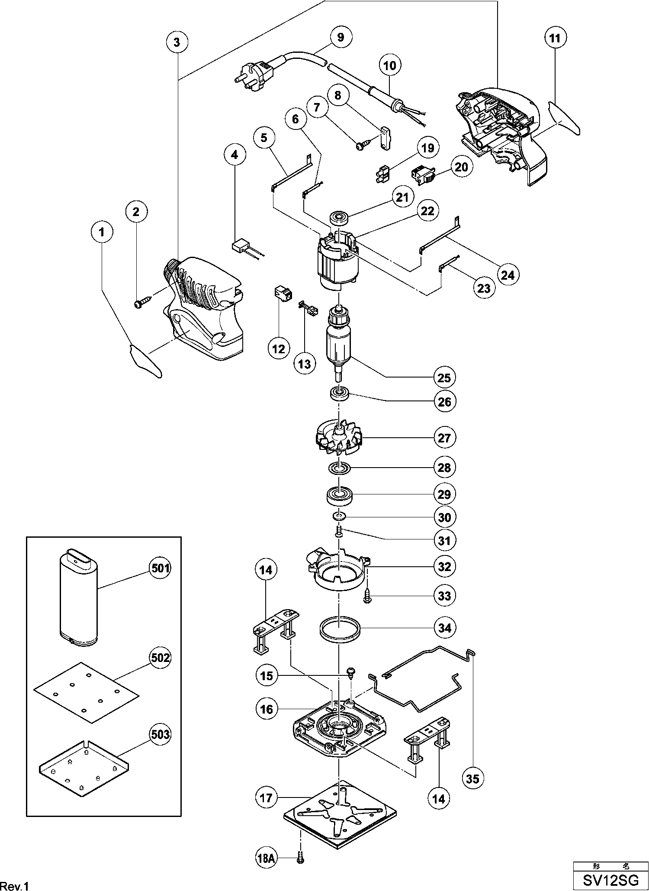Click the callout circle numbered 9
tap(341, 37)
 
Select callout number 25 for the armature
tap(444, 378)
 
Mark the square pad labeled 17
tap(340, 814)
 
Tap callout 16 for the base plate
tap(267, 709)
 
